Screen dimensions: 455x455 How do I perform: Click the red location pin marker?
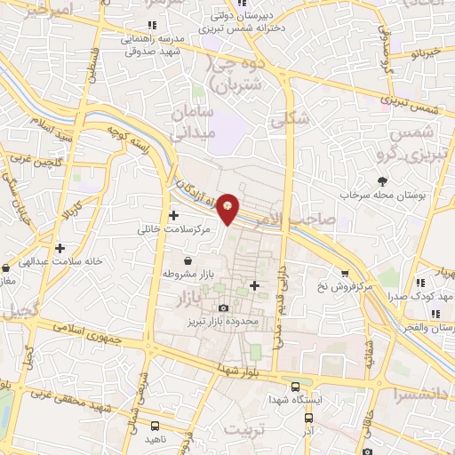[x=228, y=208]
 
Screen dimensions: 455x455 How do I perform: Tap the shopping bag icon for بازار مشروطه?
[x=188, y=260]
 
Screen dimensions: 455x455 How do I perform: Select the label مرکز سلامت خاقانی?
[x=175, y=229]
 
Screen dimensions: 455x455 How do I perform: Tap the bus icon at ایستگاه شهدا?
[x=295, y=387]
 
